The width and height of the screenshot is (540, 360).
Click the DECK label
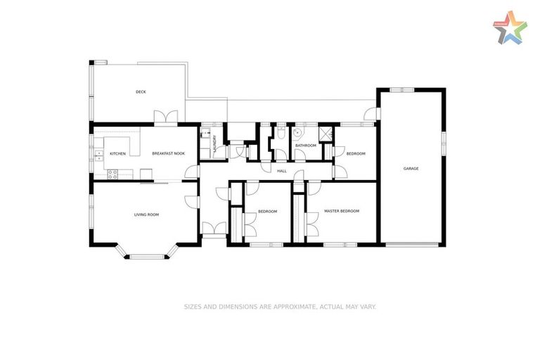(141, 92)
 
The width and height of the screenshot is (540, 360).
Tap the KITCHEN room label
(117, 153)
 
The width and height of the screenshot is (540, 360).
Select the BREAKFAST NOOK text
(168, 153)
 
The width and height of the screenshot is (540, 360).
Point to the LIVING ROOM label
(146, 214)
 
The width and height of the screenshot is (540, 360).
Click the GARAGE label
(411, 169)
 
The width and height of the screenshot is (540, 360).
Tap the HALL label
(282, 171)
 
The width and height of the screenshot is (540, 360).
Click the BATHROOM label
(305, 146)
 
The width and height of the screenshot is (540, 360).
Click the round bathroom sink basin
(297, 131)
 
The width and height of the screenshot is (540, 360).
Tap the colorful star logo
(510, 28)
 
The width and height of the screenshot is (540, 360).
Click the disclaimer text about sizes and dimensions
(280, 307)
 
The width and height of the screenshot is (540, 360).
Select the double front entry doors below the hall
(213, 227)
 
